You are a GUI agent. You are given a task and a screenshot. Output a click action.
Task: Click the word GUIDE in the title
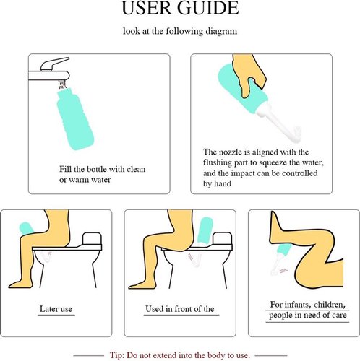[x=208, y=8]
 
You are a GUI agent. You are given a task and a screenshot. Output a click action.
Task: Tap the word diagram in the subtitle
[x=221, y=32]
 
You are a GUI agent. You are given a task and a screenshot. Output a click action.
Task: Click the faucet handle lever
[x=55, y=64]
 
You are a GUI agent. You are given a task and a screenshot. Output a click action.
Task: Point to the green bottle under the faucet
[x=74, y=118]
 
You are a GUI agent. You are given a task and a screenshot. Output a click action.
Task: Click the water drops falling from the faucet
[x=63, y=85]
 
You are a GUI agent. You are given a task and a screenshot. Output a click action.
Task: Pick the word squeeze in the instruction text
[x=273, y=163]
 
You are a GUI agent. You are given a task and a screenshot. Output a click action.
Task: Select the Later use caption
[x=56, y=309]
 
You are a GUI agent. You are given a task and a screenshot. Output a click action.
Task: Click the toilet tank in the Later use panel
[x=92, y=238]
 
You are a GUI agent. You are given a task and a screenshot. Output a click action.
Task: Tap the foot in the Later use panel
[x=20, y=284]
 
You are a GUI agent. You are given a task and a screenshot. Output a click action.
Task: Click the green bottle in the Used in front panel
[x=205, y=230]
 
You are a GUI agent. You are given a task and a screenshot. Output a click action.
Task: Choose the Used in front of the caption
[x=180, y=309]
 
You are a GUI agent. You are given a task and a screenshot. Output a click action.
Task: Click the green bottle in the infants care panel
[x=283, y=251]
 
